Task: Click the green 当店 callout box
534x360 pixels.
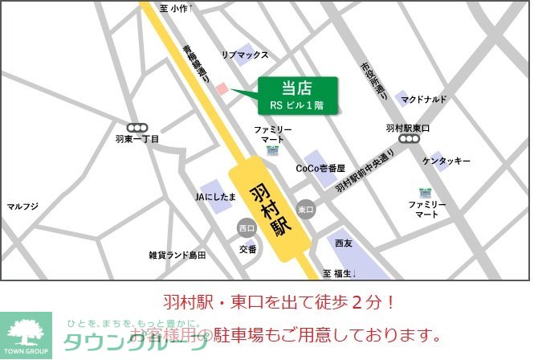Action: [x=297, y=96]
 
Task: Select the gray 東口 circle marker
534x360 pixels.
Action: [x=306, y=209]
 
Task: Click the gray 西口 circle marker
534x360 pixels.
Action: [x=246, y=228]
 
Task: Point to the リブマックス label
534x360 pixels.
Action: [x=245, y=55]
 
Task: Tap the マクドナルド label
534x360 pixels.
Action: [x=425, y=100]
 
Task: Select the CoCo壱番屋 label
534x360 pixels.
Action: [x=320, y=169]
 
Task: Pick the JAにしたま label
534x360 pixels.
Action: [x=216, y=196]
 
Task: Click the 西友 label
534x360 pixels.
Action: [x=344, y=243]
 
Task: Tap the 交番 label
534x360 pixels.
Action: [x=248, y=249]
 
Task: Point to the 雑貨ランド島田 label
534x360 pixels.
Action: [x=177, y=256]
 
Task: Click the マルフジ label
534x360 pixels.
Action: [x=22, y=207]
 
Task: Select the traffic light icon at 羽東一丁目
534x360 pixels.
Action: [x=137, y=126]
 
